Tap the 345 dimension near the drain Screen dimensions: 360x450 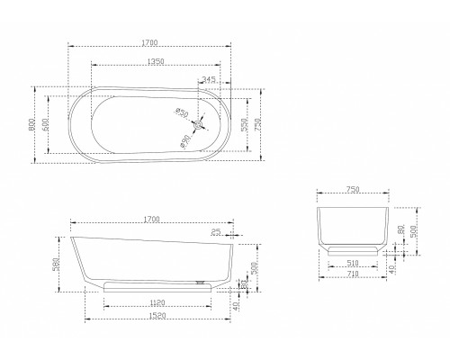click(209, 81)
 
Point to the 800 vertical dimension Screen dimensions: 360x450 click(33, 124)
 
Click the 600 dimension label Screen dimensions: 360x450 click(45, 124)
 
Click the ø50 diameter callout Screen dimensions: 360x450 click(182, 112)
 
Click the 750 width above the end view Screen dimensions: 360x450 click(353, 190)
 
